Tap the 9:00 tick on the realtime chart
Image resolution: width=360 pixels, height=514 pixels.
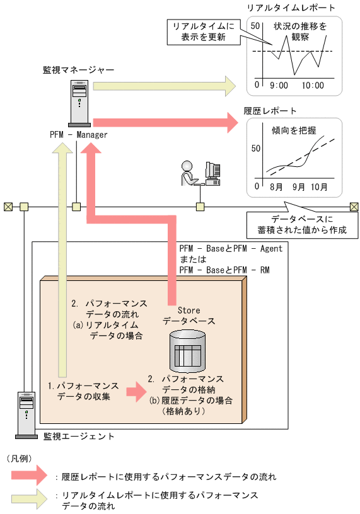[278, 84]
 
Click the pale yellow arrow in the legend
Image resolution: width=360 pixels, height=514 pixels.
[29, 499]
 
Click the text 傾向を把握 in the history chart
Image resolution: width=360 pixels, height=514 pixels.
[294, 130]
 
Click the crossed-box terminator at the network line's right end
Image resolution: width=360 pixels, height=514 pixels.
[354, 206]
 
